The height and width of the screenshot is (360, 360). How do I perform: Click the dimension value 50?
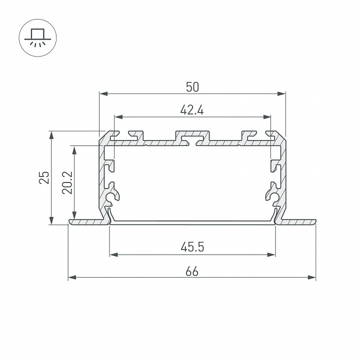point(192,87)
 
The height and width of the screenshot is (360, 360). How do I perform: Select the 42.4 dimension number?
point(192,110)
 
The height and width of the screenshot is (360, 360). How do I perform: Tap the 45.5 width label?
point(192,247)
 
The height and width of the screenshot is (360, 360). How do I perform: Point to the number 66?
point(192,272)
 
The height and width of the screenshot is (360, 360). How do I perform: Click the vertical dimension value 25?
point(44,177)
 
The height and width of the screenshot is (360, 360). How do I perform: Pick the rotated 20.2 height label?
point(67,183)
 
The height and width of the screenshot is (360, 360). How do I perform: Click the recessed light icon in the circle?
point(37,38)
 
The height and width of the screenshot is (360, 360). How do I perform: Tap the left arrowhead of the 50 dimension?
point(103,93)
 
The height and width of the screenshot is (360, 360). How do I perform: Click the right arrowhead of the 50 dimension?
point(281,93)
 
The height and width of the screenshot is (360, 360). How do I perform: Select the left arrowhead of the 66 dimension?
point(72,277)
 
